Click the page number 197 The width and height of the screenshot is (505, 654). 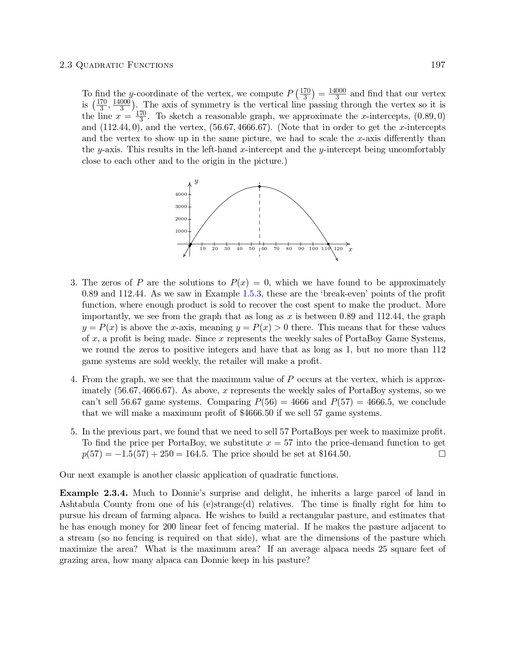[x=438, y=65]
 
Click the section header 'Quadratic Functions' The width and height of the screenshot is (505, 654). [x=124, y=65]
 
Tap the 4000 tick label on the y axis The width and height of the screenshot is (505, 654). [x=181, y=194]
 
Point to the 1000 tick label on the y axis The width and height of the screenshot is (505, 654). [x=181, y=231]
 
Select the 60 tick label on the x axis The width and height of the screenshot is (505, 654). [x=264, y=249]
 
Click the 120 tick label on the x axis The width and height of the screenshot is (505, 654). [x=338, y=249]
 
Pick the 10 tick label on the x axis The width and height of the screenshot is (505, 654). [x=202, y=249]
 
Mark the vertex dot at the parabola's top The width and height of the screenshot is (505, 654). [x=259, y=186]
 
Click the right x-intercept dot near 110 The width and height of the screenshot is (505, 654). [x=328, y=244]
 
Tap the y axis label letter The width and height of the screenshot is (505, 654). [x=196, y=182]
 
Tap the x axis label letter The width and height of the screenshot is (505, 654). [x=350, y=249]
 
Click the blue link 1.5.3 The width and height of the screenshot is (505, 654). [x=252, y=294]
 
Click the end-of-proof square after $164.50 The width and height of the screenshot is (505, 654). [x=442, y=454]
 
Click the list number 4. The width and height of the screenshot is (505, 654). [x=74, y=379]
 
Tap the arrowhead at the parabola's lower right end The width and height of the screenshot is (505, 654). [x=336, y=260]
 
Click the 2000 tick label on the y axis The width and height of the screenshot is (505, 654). [x=181, y=219]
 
